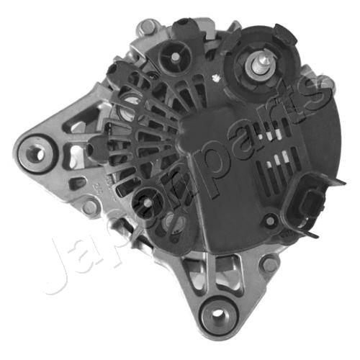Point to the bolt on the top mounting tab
click(x=148, y=27)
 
